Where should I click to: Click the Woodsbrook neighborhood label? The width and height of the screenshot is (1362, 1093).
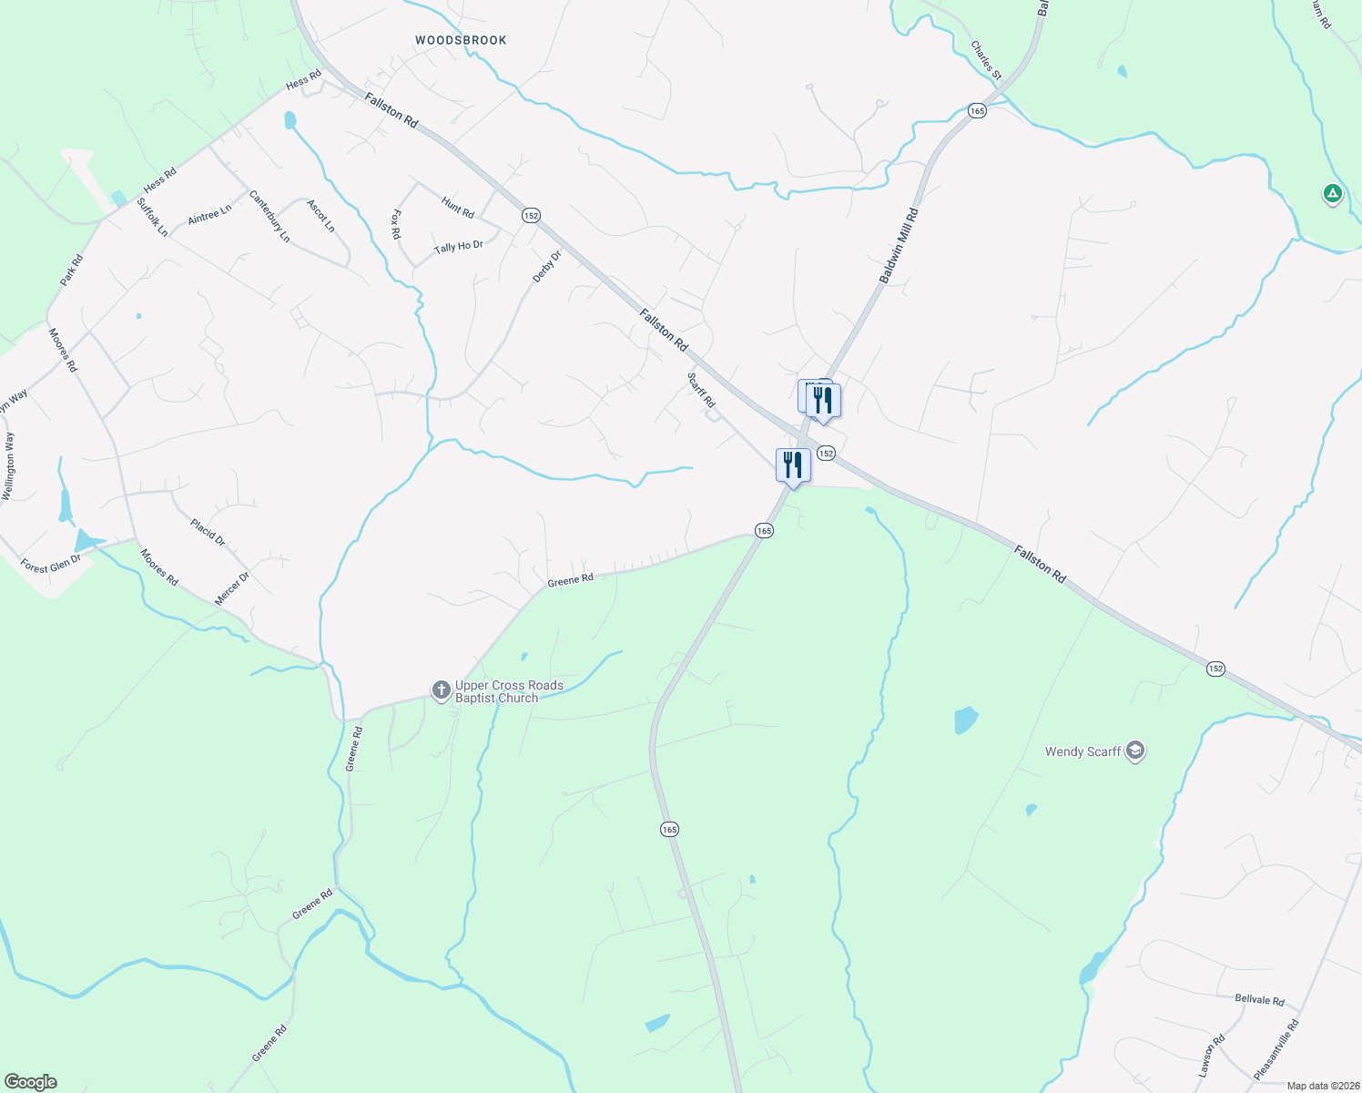(x=461, y=40)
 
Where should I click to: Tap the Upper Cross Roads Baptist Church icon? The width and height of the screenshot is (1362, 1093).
(x=441, y=690)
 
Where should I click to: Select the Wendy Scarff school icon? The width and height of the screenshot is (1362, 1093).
(x=1134, y=751)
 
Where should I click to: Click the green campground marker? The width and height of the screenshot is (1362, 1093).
(x=1332, y=193)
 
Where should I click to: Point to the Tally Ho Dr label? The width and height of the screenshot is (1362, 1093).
(x=458, y=247)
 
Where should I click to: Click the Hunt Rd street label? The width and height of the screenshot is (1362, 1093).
(x=457, y=208)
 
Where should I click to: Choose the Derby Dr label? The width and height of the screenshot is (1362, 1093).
(x=547, y=266)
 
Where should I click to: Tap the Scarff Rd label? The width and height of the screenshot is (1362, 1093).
(x=701, y=390)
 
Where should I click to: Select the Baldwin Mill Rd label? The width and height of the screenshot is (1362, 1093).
(x=899, y=245)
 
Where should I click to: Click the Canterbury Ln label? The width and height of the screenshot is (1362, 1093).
(x=269, y=216)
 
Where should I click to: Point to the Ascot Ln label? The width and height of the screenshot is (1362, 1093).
(x=321, y=216)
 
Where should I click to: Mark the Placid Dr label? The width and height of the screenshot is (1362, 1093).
(x=208, y=532)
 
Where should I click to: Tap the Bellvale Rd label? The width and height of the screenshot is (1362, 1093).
(x=1259, y=999)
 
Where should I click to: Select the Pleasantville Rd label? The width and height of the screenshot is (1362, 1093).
(x=1276, y=1049)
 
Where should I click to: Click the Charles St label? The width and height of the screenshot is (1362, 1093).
(x=986, y=59)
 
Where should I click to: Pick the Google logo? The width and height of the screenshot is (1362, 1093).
(x=30, y=1082)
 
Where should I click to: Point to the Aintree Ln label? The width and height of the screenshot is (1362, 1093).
(x=209, y=215)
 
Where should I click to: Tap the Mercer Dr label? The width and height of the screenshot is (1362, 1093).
(x=231, y=589)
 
